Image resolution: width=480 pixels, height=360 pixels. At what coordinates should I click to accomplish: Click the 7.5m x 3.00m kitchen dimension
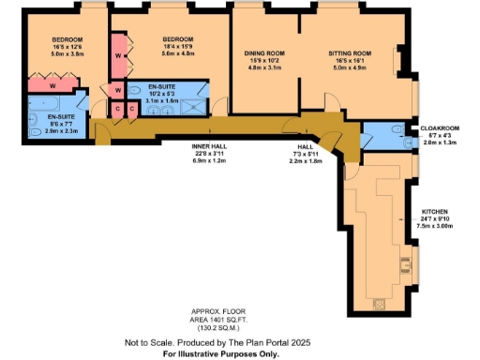click(x=439, y=227)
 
